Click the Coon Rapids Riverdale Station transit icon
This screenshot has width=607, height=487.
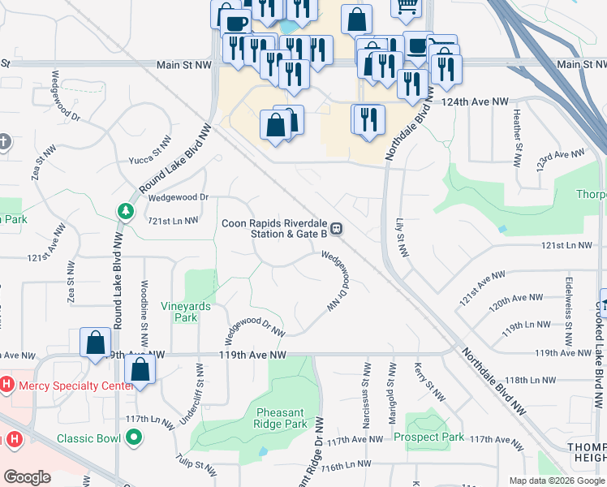[x=336, y=230]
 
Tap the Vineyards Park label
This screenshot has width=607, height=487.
[x=186, y=312]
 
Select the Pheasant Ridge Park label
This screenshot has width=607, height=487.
[x=282, y=418]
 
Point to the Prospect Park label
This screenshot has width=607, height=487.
[x=429, y=437]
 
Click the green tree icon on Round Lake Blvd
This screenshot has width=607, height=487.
[x=126, y=212]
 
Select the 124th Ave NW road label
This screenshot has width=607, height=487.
[x=474, y=101]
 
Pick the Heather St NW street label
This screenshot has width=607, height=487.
[x=517, y=135]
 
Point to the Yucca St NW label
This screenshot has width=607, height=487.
[x=152, y=150]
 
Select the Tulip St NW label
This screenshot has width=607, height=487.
[x=196, y=464]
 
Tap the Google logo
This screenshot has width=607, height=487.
[x=27, y=477]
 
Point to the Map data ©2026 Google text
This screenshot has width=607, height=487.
[x=556, y=481]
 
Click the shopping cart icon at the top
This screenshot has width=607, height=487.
[x=407, y=6]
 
